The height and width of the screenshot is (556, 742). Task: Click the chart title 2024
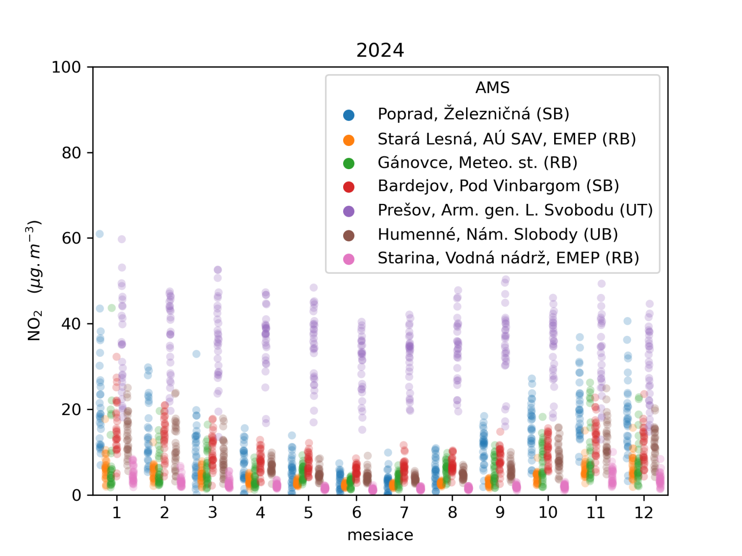tap(380, 50)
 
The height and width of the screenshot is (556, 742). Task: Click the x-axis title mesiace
tap(380, 535)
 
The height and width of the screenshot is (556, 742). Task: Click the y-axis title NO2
tap(35, 280)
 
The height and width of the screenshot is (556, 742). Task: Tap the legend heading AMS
tap(492, 88)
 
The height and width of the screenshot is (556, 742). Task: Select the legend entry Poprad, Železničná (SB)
tap(473, 114)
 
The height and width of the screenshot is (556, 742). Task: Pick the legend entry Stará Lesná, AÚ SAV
tap(506, 139)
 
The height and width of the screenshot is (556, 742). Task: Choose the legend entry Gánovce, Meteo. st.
tap(477, 163)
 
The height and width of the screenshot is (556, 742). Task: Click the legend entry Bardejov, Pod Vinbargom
tap(498, 186)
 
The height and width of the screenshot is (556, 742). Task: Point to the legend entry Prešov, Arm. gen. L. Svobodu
tap(515, 210)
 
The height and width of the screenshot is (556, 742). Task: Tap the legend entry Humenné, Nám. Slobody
tap(498, 234)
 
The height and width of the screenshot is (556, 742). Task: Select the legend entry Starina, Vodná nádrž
tap(508, 258)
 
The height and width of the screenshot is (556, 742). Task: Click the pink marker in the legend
tap(349, 259)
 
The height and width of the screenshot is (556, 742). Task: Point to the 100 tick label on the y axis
tap(66, 67)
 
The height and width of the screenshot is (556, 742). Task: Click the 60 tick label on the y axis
tap(71, 238)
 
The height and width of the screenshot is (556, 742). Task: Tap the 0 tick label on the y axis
tap(77, 495)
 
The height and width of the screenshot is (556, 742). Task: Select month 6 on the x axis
tap(356, 512)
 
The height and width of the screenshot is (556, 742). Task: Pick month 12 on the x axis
tap(644, 512)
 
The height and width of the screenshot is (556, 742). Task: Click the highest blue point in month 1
tap(99, 234)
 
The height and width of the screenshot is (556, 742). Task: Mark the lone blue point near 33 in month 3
tap(196, 354)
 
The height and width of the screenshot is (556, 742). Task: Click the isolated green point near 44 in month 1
tap(112, 308)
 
